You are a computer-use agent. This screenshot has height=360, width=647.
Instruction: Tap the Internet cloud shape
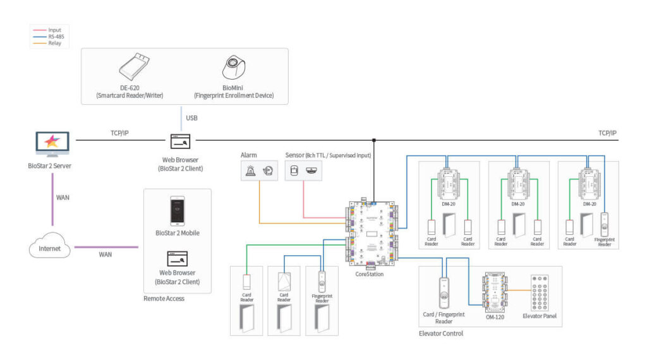(x=49, y=248)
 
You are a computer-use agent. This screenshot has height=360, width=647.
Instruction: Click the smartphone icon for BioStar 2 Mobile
(x=177, y=210)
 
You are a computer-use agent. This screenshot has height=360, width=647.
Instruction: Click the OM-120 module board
(x=495, y=291)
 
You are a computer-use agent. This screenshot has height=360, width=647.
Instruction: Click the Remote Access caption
(x=164, y=298)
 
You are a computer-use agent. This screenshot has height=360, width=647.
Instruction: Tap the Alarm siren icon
(x=251, y=170)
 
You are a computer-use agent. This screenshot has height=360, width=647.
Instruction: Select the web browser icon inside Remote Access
(x=176, y=257)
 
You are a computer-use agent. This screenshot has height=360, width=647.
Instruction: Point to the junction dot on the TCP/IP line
(x=374, y=140)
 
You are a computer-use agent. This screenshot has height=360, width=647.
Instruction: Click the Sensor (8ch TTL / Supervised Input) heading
(x=327, y=155)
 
